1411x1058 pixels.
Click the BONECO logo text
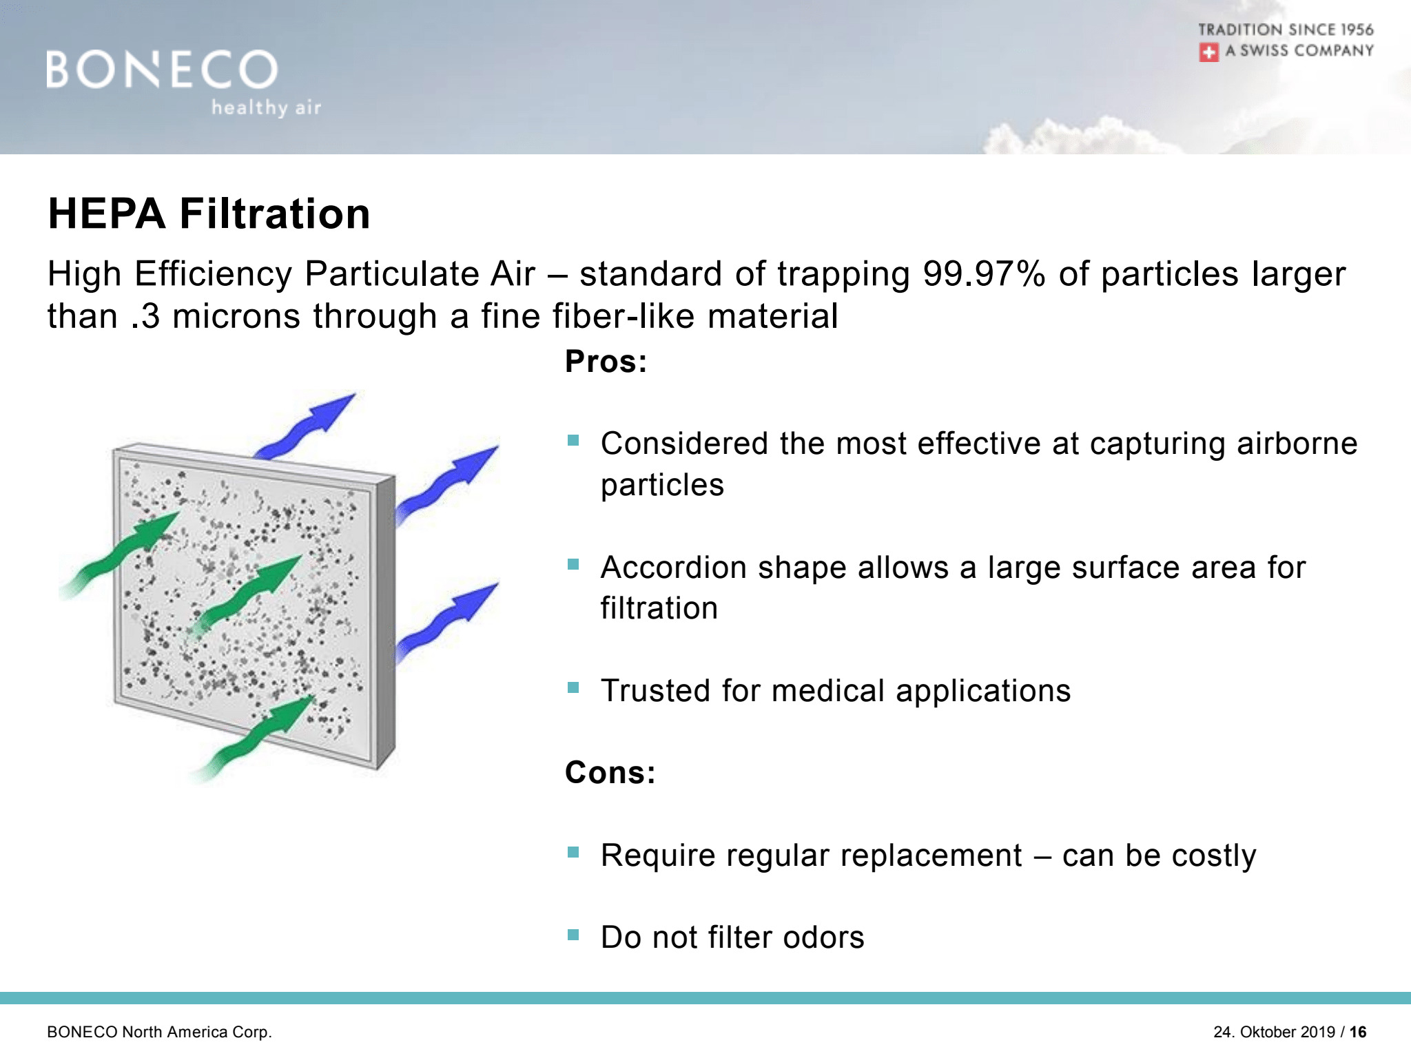pos(162,70)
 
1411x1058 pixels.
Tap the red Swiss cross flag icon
pos(1208,52)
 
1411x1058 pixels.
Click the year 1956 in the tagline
pos(1357,30)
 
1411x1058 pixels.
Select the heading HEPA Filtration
pos(209,213)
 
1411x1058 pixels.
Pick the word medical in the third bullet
pos(828,691)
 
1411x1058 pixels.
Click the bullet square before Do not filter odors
pos(573,935)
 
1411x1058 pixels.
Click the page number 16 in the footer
pos(1358,1032)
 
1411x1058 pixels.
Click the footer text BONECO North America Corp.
pos(160,1032)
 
